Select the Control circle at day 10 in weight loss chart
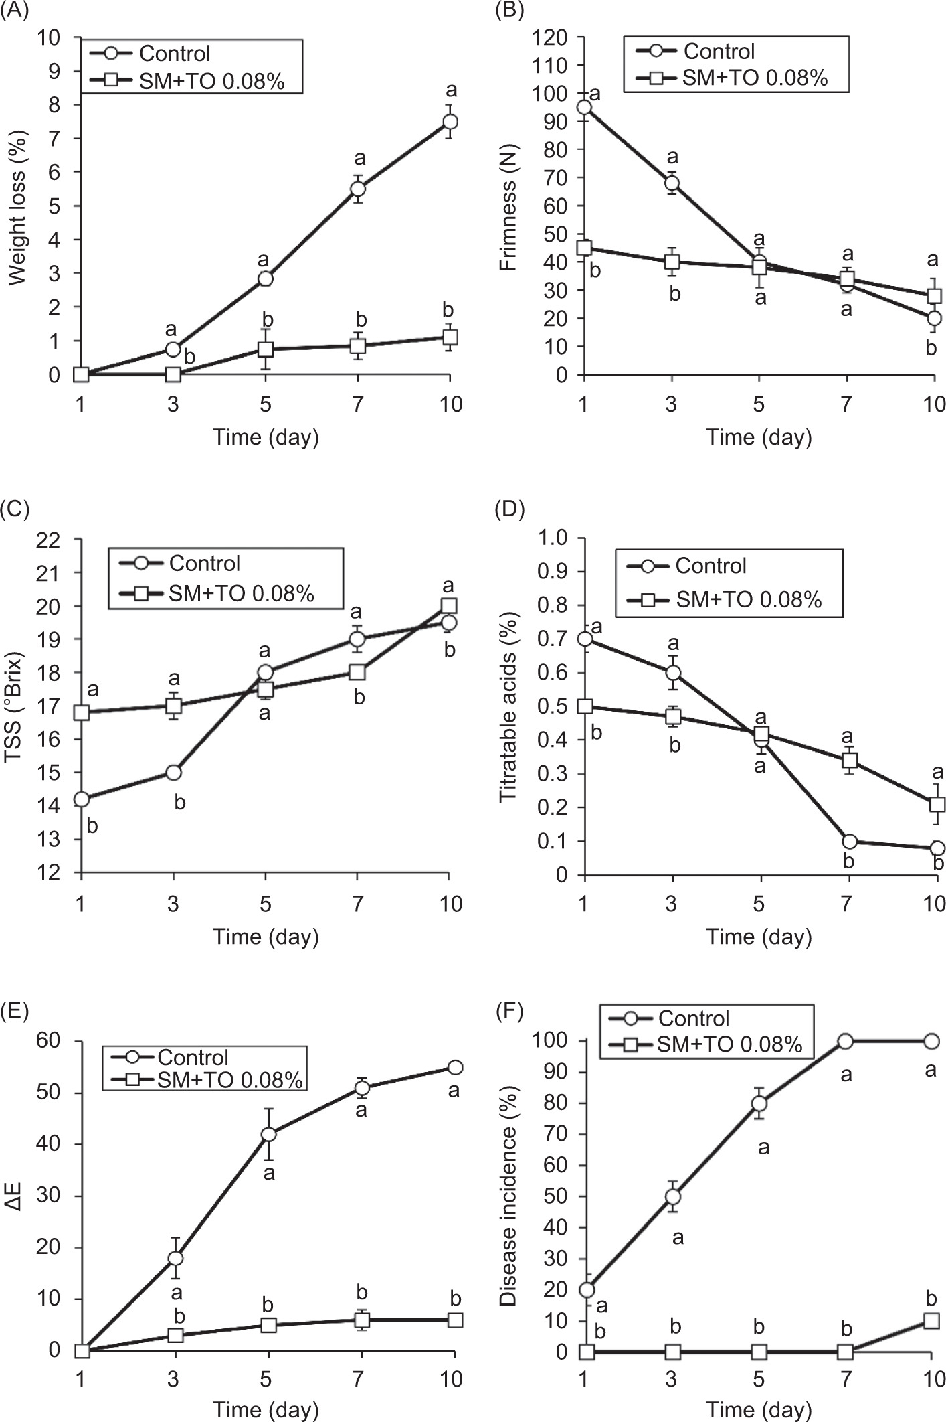(450, 121)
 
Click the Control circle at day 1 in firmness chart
(584, 107)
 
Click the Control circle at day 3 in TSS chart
(173, 772)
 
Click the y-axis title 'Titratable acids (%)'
(511, 706)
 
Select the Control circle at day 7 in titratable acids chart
(849, 841)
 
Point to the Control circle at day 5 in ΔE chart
(269, 1134)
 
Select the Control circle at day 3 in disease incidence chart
(672, 1196)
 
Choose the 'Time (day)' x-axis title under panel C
(266, 936)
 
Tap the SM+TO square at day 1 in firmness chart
(584, 248)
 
